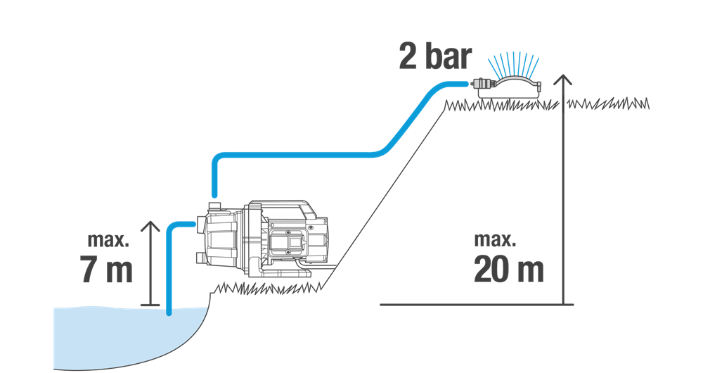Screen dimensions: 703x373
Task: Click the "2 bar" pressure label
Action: [435, 57]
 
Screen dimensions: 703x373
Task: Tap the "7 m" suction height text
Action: [107, 270]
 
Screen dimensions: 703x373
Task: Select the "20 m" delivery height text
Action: [508, 270]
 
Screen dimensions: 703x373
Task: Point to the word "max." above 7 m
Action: [108, 240]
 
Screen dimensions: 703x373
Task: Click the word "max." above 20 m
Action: [495, 240]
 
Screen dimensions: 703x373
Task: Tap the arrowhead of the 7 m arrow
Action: [150, 226]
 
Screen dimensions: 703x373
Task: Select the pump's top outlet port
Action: [214, 206]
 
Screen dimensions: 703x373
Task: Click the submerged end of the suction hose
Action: [169, 312]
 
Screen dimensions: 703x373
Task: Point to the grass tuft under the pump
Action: [269, 288]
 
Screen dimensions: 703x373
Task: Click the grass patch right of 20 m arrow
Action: [608, 103]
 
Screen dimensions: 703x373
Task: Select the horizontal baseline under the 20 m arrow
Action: [477, 305]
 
